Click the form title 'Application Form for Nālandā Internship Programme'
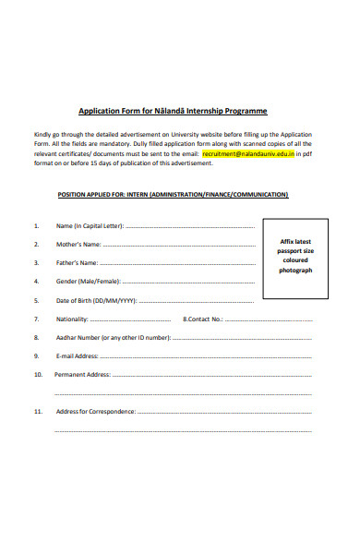click(x=172, y=110)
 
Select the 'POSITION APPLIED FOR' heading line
click(x=173, y=195)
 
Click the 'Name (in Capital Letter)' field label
click(x=89, y=226)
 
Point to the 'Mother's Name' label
click(x=78, y=245)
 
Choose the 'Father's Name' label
click(x=77, y=263)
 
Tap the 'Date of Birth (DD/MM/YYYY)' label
click(x=96, y=301)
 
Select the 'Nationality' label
click(x=72, y=319)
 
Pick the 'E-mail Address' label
click(x=77, y=356)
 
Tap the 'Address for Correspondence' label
click(x=95, y=411)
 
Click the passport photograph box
click(x=296, y=259)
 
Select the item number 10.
click(x=37, y=375)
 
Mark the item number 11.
click(x=37, y=411)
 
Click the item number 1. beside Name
click(x=36, y=226)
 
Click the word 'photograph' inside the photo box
click(x=296, y=271)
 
